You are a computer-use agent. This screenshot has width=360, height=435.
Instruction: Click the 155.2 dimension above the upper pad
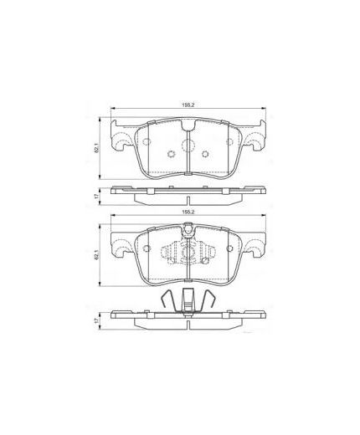pyautogui.click(x=188, y=106)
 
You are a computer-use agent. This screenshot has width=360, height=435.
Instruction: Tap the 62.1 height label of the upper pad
pyautogui.click(x=97, y=148)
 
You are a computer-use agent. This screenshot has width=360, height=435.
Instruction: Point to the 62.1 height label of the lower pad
pyautogui.click(x=97, y=255)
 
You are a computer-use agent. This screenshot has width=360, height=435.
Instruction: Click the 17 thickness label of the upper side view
pyautogui.click(x=97, y=197)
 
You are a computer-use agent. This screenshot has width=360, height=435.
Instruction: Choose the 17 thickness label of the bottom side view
pyautogui.click(x=97, y=320)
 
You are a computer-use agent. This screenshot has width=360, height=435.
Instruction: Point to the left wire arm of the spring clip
pyautogui.click(x=168, y=300)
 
